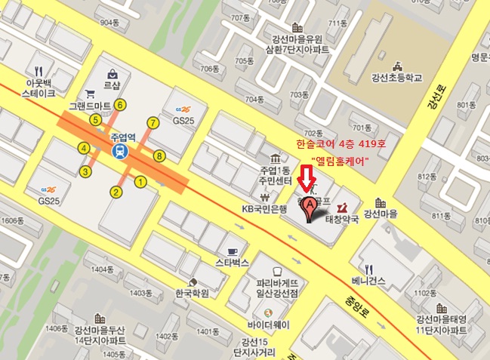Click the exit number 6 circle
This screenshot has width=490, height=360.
pos(120,105)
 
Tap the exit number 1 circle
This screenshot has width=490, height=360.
pos(140,181)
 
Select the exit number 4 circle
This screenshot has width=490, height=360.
pos(84,147)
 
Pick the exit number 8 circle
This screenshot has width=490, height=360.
pos(159,156)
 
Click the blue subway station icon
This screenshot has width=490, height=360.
pos(120,152)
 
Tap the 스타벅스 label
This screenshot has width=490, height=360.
pos(233,263)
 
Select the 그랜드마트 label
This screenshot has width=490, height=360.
pos(90,106)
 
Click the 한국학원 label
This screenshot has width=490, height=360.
pos(190,293)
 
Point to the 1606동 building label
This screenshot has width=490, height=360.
pos(14,220)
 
